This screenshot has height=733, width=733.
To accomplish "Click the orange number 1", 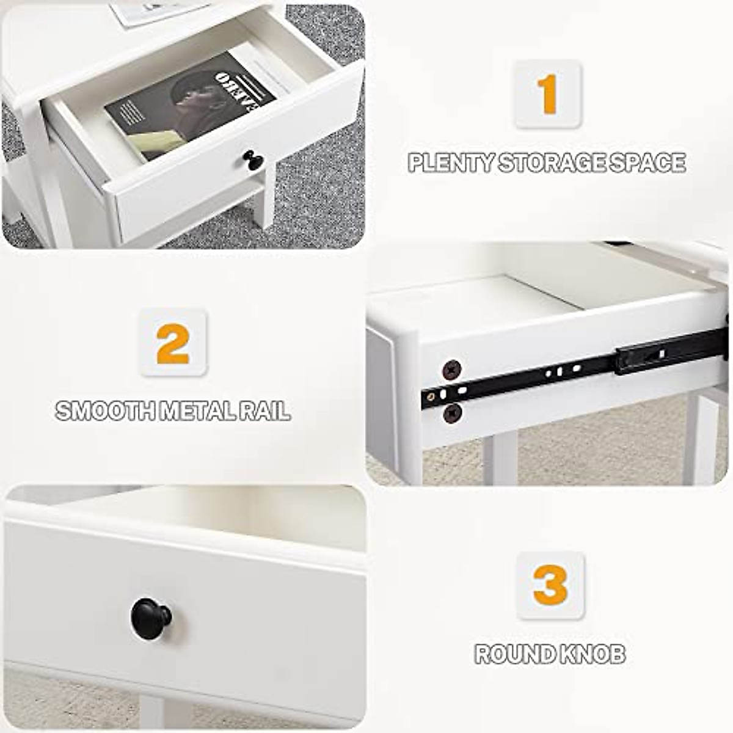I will click(x=547, y=94).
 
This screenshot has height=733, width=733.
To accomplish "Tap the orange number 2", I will click(x=173, y=344).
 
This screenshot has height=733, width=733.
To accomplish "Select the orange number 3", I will click(x=550, y=585).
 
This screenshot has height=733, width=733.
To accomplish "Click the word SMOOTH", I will click(x=104, y=411).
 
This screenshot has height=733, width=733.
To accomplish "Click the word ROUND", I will click(x=510, y=654).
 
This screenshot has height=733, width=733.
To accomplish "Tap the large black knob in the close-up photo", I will click(x=151, y=618).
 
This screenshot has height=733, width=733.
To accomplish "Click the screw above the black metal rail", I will click(x=452, y=369).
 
